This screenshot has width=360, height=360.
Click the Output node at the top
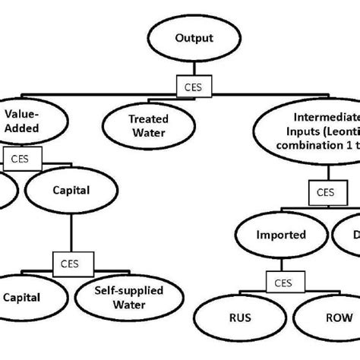click(194, 38)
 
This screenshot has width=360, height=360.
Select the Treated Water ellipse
click(147, 125)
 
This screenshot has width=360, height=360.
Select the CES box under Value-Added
click(17, 159)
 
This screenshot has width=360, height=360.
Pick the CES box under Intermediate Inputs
click(324, 193)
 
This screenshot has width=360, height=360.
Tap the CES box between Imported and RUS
click(283, 283)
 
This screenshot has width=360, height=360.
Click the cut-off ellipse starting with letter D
click(349, 235)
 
